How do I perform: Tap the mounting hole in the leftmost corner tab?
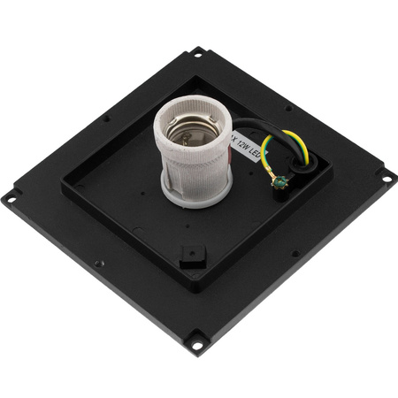click(x=10, y=197)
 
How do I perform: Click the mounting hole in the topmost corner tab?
click(x=196, y=55)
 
